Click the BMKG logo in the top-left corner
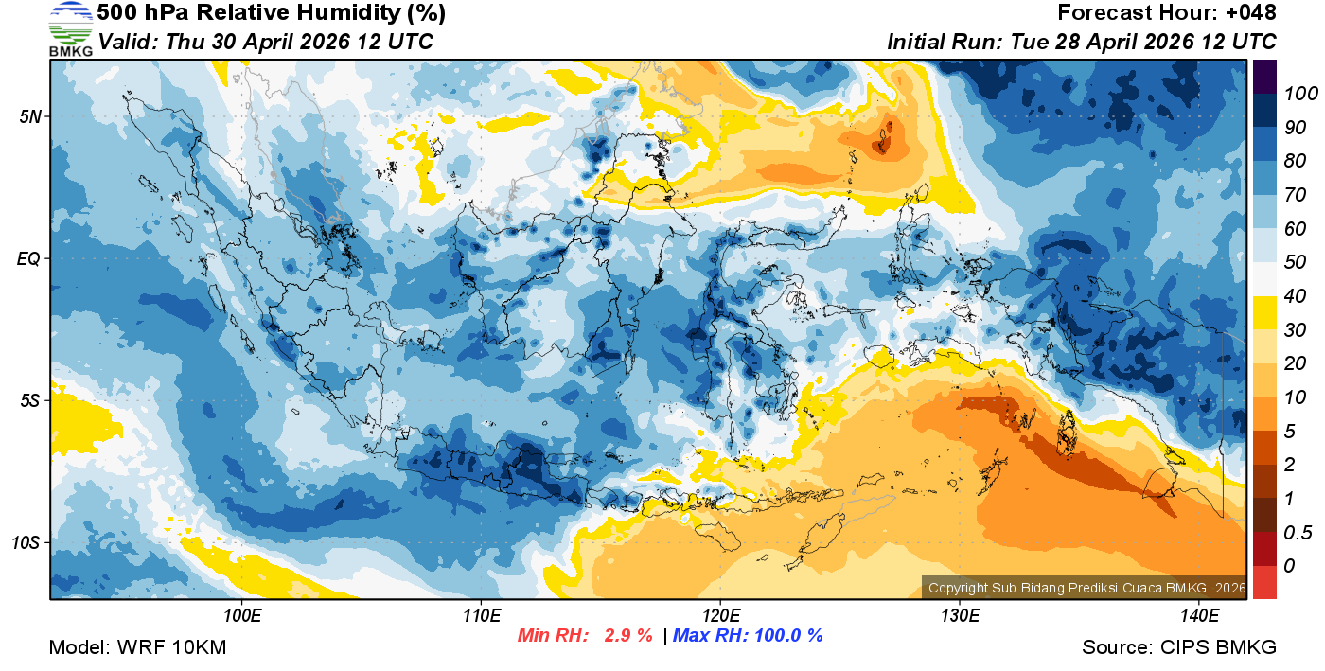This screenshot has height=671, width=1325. click(71, 29)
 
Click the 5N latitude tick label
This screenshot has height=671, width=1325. click(31, 116)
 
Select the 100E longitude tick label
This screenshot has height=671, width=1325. click(242, 616)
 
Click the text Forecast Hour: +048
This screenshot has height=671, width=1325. click(1167, 13)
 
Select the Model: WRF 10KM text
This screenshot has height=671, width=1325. click(137, 647)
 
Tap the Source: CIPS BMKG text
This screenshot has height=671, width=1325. click(1179, 647)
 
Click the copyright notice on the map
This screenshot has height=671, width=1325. click(1086, 588)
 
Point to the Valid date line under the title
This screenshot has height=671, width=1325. click(266, 42)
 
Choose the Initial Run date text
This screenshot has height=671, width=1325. click(1082, 42)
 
